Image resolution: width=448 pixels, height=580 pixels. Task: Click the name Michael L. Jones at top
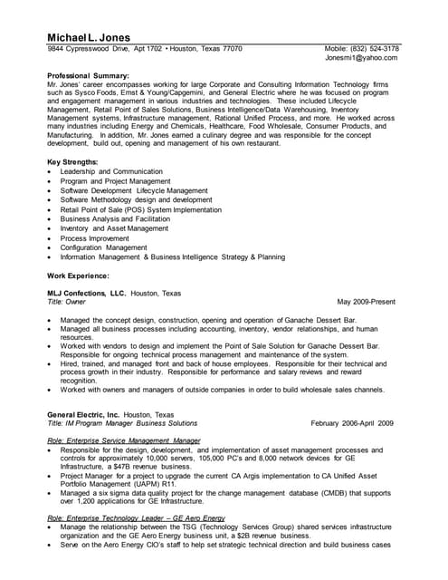(92, 35)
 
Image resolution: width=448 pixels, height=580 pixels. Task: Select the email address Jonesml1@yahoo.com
(366, 58)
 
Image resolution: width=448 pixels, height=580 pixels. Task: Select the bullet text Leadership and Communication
(111, 172)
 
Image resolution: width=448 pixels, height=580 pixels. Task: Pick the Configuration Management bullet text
(103, 246)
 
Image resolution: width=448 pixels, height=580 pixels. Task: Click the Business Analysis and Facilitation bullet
(115, 218)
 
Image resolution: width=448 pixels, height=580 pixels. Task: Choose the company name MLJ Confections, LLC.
(87, 293)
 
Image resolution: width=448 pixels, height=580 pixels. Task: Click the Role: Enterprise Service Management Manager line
(123, 440)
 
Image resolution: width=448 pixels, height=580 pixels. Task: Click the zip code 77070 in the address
(232, 49)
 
